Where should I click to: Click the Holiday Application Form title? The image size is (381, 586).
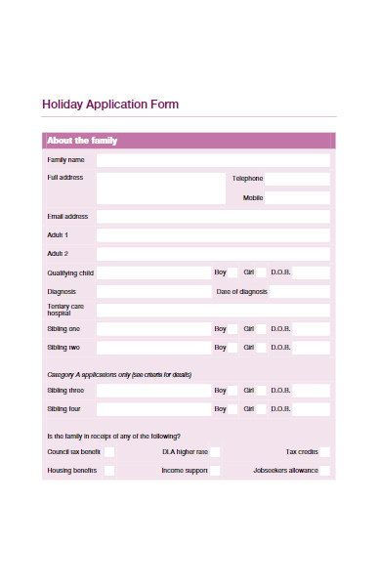tap(110, 105)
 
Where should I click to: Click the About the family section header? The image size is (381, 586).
tap(82, 141)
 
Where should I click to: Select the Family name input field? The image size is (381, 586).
tap(212, 159)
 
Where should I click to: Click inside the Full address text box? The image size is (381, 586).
tap(160, 188)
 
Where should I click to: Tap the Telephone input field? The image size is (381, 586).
tap(297, 179)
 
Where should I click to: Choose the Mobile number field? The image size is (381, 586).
tap(297, 197)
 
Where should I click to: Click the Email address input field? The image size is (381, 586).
tap(212, 216)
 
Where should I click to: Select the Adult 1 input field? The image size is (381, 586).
tap(212, 235)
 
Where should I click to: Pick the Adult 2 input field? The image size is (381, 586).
tap(212, 254)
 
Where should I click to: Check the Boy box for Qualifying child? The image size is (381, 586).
tap(233, 272)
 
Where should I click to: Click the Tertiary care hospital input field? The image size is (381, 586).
tap(212, 310)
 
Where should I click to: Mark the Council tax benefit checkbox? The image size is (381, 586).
tap(109, 452)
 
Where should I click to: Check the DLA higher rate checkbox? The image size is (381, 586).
tap(215, 452)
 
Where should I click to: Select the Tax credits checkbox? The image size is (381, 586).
tap(325, 452)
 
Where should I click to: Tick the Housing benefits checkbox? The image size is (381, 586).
tap(109, 471)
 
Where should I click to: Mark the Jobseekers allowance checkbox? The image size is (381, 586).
tap(325, 471)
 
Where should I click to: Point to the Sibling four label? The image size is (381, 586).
tap(63, 409)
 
